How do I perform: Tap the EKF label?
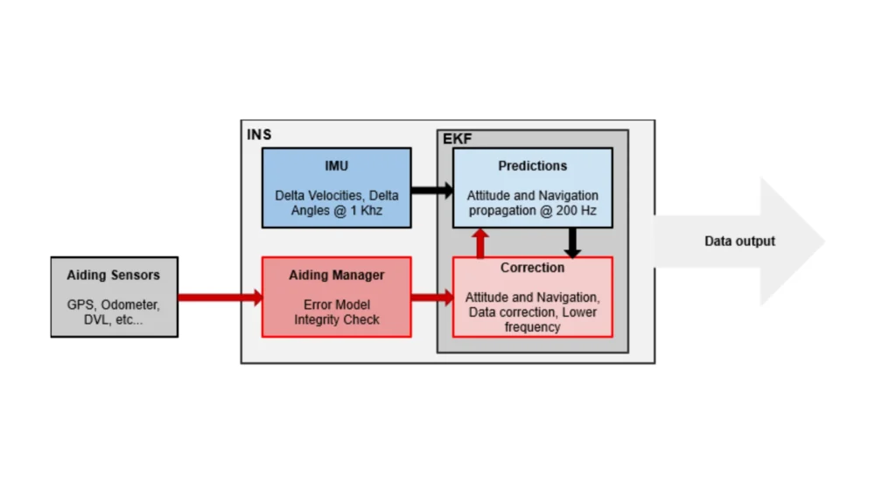[x=457, y=139]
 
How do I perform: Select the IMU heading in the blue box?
[x=336, y=165]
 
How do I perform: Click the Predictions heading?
[x=532, y=165]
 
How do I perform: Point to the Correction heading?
[x=532, y=268]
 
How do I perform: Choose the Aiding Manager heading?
[x=336, y=275]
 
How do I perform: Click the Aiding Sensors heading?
[x=114, y=275]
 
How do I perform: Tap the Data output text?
[x=739, y=241]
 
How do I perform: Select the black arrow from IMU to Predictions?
[x=431, y=189]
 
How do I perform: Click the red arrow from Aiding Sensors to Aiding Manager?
[x=220, y=297]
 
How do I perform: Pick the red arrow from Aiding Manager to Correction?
[x=431, y=297]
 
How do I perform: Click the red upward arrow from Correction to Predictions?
[x=480, y=242]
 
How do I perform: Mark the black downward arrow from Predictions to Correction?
[x=572, y=242]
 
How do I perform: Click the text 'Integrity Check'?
[x=336, y=320]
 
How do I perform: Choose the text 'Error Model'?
[x=336, y=305]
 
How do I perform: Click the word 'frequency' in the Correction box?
[x=532, y=327]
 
